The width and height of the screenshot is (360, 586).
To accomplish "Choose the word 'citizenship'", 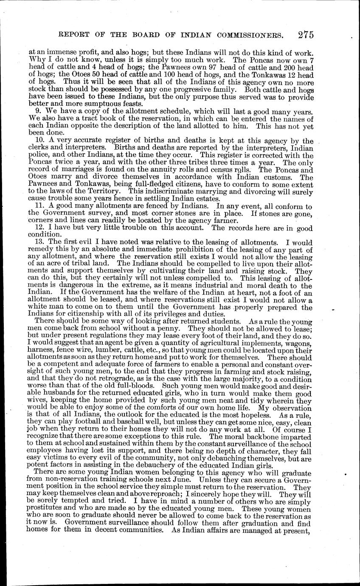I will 79,314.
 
